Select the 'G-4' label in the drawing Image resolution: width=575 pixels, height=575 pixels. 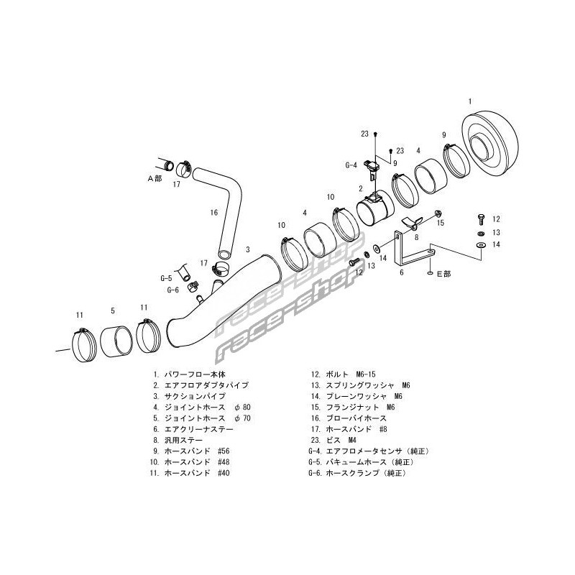pos(351,165)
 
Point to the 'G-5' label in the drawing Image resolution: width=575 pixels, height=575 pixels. pos(166,277)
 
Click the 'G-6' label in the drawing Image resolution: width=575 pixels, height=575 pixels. pos(172,290)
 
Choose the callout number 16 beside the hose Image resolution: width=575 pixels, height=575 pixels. pos(213,212)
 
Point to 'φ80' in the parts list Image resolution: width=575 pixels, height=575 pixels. pos(240,408)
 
